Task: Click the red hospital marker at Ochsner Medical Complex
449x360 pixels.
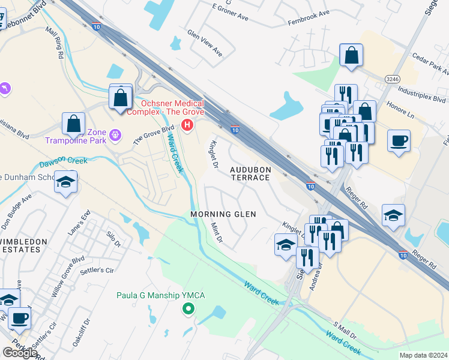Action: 188,125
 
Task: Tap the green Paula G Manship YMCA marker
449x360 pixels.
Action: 188,309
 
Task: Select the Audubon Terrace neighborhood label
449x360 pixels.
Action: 251,174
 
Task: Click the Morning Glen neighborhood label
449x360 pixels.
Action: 223,214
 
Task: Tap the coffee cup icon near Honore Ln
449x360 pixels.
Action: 399,142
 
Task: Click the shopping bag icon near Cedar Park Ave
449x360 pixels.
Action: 351,56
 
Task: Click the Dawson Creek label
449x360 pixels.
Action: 64,162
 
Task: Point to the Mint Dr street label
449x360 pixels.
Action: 217,232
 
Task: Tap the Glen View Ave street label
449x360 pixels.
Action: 205,43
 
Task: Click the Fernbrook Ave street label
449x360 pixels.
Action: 309,13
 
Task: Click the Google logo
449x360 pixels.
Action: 19,353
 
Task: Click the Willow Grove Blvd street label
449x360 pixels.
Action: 67,278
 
